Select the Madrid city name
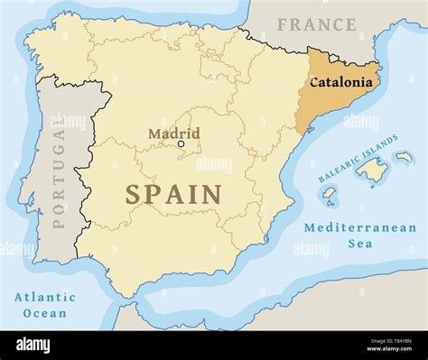pyautogui.click(x=173, y=134)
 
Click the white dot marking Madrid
pyautogui.click(x=181, y=143)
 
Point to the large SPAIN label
pyautogui.click(x=173, y=194)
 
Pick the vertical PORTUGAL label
pyautogui.click(x=60, y=177)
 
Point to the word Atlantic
pyautogui.click(x=44, y=297)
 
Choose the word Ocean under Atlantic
pyautogui.click(x=44, y=313)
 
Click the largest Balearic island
pyautogui.click(x=370, y=167)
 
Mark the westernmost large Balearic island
pyautogui.click(x=331, y=193)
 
